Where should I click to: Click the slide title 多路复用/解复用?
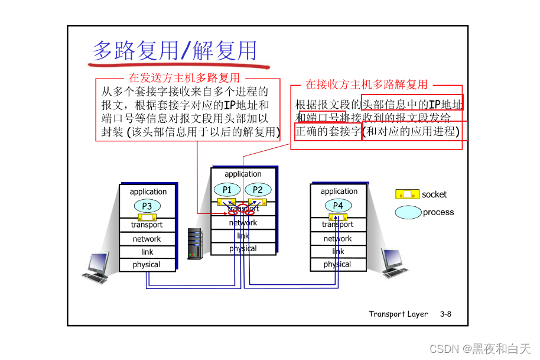tap(175, 51)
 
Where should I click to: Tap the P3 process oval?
tap(147, 206)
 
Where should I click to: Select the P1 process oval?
tap(227, 190)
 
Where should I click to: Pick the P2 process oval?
tap(258, 190)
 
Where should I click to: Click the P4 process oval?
tap(338, 205)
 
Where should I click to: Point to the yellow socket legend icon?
tap(407, 194)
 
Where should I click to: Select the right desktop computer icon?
tap(394, 264)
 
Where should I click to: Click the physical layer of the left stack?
tap(147, 265)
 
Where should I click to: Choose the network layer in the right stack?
tap(338, 239)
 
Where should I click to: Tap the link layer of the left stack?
tap(147, 252)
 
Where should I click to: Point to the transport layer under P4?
tap(338, 225)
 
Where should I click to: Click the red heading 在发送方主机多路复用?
tap(184, 78)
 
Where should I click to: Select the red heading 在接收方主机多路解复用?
tap(366, 85)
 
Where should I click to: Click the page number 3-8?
tap(445, 314)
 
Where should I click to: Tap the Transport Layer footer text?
tap(398, 314)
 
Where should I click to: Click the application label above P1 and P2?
tap(243, 174)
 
